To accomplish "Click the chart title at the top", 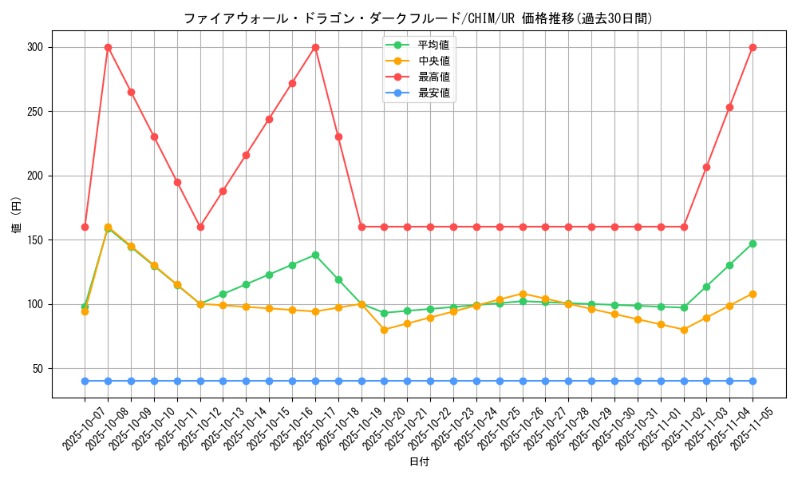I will pos(418,18).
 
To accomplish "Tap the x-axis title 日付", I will pos(419,461).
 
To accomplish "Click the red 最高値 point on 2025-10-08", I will pos(108,47).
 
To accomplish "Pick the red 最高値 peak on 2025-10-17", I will pos(315,47).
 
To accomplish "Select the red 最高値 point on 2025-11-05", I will pos(753,47).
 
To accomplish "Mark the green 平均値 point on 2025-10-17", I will pos(315,255).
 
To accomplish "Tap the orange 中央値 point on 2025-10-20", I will pos(385,330).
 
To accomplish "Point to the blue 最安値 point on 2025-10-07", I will pos(85,381).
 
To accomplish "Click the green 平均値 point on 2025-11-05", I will pos(753,243).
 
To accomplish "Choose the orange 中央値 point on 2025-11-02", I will pos(684,330).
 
